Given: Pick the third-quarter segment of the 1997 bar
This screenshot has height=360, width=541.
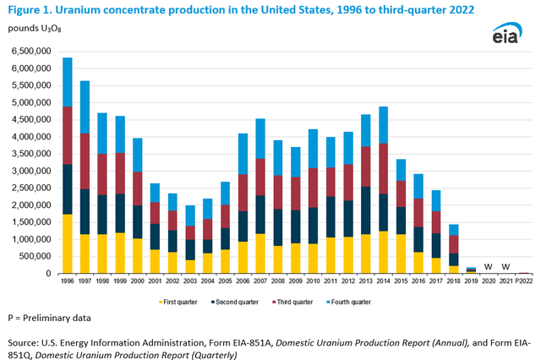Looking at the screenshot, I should pos(86,161).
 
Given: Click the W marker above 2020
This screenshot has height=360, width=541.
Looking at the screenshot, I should pos(488,267).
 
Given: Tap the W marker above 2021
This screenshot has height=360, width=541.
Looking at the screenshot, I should pos(506,267).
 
